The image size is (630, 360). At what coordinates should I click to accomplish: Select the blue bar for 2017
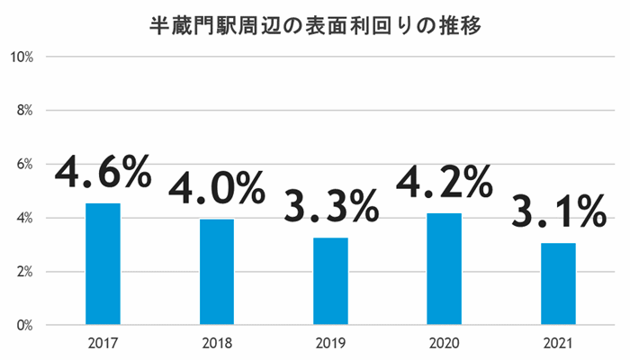[103, 264]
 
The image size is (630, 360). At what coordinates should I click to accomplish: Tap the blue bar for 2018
[216, 272]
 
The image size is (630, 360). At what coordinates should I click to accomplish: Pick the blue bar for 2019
[330, 281]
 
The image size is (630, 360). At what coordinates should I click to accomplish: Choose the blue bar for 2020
[445, 268]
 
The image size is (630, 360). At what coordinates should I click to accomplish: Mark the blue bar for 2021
[559, 283]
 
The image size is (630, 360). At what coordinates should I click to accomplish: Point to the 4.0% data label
[216, 187]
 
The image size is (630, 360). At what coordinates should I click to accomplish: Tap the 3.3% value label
[330, 206]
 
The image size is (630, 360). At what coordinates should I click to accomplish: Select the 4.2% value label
[445, 182]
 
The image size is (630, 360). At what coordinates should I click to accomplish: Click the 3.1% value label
[559, 211]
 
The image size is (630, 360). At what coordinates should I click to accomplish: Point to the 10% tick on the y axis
[21, 57]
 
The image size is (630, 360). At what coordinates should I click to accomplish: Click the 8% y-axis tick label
[23, 111]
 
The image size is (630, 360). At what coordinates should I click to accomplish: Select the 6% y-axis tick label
[23, 164]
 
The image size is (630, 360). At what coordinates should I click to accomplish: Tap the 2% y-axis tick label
[23, 272]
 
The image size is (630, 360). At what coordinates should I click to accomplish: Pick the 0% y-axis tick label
[23, 325]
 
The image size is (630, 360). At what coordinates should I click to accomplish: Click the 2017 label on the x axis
[103, 343]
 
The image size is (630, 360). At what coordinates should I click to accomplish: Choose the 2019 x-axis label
[330, 343]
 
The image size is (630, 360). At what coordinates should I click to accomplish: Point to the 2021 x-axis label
[559, 343]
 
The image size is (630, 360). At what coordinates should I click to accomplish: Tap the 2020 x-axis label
[445, 343]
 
